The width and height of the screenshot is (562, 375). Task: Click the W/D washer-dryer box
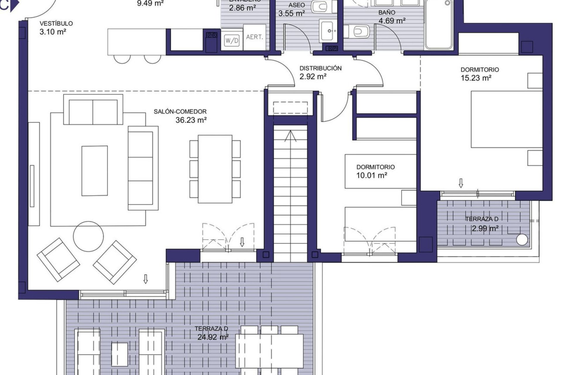[x=232, y=40]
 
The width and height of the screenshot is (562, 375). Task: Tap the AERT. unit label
[x=254, y=37]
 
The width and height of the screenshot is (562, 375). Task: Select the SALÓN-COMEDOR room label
[x=180, y=112]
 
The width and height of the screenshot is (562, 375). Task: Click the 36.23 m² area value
[x=191, y=120]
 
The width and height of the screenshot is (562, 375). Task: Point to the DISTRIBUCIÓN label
[x=320, y=68]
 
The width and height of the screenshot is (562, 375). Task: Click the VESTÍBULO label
[x=56, y=23]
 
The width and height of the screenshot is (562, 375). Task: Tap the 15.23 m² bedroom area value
[x=476, y=78]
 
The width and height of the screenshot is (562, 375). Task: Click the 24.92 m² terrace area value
[x=213, y=337]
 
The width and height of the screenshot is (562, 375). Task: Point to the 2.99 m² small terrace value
[x=485, y=229]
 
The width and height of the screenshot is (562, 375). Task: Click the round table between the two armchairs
[x=88, y=236]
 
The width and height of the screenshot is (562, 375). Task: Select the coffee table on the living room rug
[x=94, y=171]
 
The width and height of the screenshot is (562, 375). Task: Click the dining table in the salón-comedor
[x=215, y=169]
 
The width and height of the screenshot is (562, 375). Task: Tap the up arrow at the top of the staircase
[x=290, y=136]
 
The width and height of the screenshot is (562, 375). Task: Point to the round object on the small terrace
[x=522, y=239]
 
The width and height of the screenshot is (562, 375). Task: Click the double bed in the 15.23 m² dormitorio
[x=506, y=119]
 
